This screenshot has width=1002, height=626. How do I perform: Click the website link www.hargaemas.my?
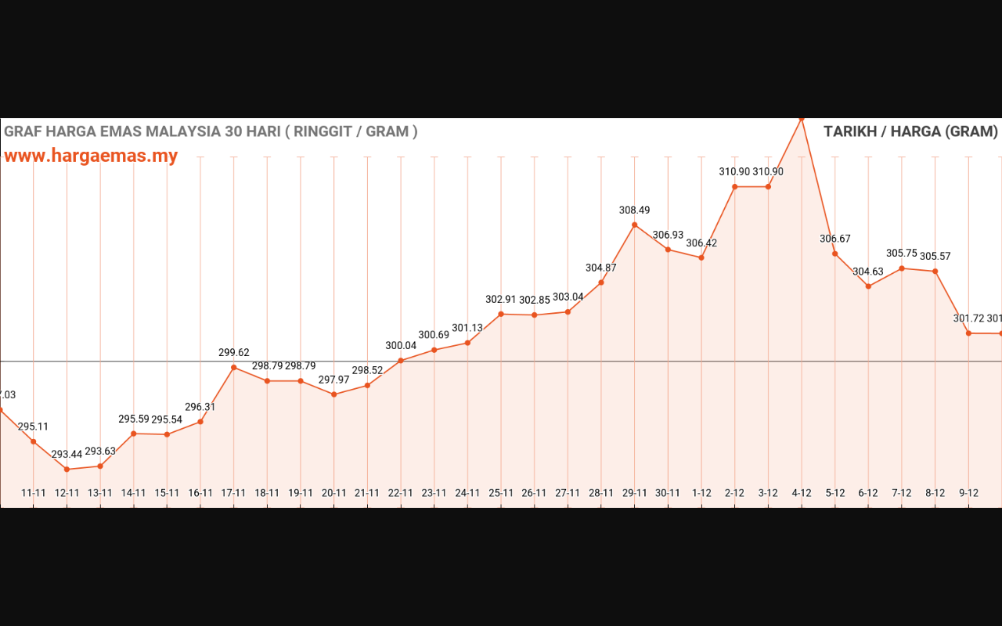[91, 156]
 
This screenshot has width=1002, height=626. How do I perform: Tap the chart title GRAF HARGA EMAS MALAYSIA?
[211, 131]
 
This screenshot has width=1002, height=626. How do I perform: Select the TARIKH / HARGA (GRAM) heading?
[910, 131]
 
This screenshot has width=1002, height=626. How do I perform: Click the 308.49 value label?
[634, 210]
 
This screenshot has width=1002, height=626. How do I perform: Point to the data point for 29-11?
[634, 225]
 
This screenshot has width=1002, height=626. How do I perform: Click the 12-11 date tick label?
[67, 493]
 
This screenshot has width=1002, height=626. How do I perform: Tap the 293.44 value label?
[67, 454]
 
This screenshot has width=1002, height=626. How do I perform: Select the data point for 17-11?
[234, 367]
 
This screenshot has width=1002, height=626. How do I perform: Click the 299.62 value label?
[234, 352]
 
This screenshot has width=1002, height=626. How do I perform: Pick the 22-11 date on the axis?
[401, 493]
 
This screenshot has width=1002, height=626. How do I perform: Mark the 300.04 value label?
[401, 345]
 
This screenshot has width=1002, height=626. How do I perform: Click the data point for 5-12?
[835, 254]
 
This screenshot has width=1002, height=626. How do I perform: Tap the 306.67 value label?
[835, 239]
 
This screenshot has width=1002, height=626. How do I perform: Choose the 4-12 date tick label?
[802, 493]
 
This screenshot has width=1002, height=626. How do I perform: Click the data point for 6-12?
[868, 286]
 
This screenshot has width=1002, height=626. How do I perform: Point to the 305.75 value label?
[902, 253]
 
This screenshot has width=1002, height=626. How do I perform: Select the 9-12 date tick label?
[968, 493]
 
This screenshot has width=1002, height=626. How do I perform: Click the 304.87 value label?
[601, 268]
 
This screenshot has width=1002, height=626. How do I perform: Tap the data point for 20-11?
[334, 394]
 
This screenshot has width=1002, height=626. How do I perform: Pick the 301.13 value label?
[467, 328]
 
